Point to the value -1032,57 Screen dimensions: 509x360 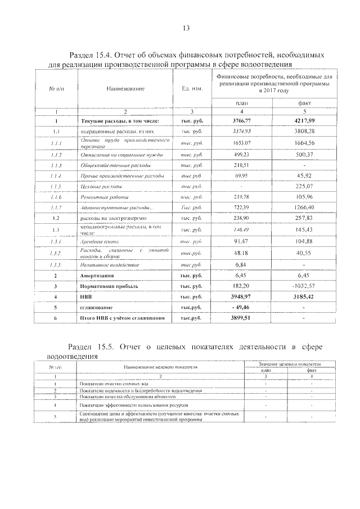tap(304, 286)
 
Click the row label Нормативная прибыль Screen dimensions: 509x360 tap(109, 286)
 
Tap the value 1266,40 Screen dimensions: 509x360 tap(304, 208)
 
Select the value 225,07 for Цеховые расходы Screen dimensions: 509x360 tap(304, 186)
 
